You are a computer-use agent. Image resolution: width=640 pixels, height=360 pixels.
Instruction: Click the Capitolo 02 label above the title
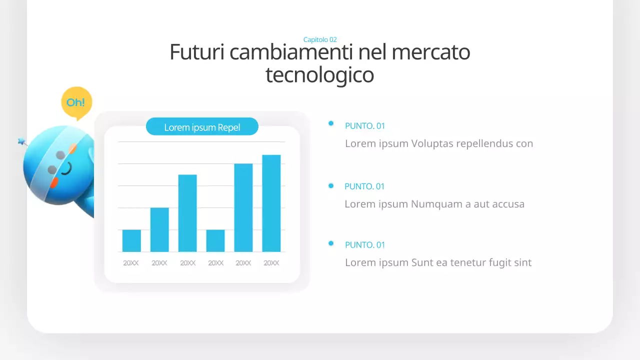(x=320, y=39)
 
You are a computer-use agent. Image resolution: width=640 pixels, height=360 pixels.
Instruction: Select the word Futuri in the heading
(x=197, y=52)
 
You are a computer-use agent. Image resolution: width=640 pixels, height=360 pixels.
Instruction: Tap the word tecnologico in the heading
(x=319, y=75)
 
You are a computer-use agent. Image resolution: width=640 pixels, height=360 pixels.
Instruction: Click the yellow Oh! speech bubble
(x=76, y=102)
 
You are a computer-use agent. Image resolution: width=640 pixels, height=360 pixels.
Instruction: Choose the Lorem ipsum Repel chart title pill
(x=202, y=127)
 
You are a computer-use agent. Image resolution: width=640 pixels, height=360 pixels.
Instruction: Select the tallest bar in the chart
(x=271, y=203)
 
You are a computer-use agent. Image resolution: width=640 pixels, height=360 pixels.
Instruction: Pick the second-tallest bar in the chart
(x=243, y=207)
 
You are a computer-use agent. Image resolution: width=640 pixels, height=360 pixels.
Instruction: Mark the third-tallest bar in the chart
(x=187, y=213)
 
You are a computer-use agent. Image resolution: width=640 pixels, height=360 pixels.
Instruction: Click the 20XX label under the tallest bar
(x=271, y=263)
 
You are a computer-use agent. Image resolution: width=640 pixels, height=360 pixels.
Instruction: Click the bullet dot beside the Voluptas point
(x=331, y=123)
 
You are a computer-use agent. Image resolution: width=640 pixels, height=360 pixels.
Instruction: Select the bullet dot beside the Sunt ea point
(x=331, y=243)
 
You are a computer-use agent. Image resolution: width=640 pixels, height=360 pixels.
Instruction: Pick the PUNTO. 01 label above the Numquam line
(x=364, y=186)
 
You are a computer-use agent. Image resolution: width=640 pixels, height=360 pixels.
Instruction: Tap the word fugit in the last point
(x=497, y=262)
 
